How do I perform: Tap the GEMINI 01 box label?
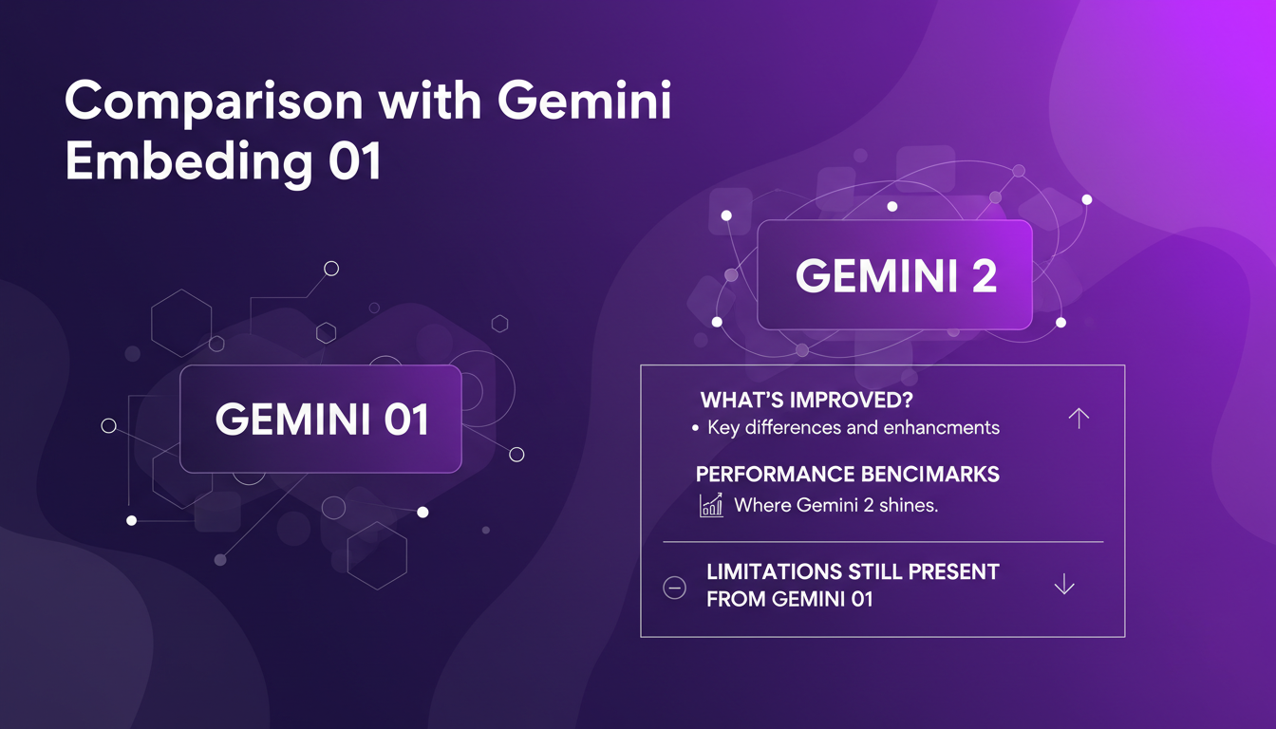(321, 420)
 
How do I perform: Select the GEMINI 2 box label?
(895, 276)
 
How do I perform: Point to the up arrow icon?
(1078, 419)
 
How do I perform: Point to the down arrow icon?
(1064, 585)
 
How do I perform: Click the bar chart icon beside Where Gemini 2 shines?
(711, 505)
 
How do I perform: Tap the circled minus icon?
(674, 589)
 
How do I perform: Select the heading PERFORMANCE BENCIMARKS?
(847, 474)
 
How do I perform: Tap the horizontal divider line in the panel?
(883, 542)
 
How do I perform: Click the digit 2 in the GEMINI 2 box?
(984, 276)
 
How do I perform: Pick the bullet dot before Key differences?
(696, 429)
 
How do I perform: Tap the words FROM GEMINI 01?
(790, 599)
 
